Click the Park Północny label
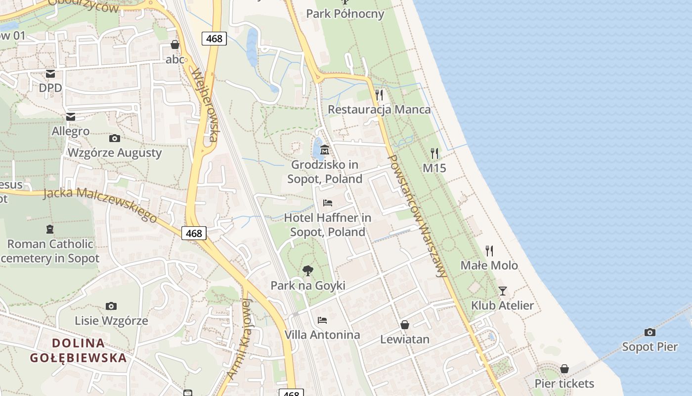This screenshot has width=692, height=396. tap(345, 13)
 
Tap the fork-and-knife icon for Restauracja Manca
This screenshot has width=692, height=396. tap(379, 95)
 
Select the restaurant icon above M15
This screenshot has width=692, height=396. tap(434, 153)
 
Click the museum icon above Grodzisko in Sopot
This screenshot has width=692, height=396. tap(325, 149)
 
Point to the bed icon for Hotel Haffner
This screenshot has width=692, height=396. tap(327, 203)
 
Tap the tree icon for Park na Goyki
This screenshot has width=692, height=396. tap(307, 271)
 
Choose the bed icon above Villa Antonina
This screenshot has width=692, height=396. tap(322, 320)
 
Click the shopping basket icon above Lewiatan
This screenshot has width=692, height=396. tap(405, 325)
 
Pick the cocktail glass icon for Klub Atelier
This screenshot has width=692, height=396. tap(503, 291)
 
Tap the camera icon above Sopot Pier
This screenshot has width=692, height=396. tap(650, 332)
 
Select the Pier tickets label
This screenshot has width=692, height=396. tap(564, 383)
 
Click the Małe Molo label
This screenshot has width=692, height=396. tap(489, 265)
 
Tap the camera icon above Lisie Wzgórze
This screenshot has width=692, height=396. tap(111, 306)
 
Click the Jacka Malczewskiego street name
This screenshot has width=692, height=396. tap(100, 203)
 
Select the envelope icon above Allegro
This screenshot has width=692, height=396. tap(71, 117)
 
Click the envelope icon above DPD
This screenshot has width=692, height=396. tap(50, 74)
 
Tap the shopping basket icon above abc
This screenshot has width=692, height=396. tap(175, 45)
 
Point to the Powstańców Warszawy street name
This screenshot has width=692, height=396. tap(418, 216)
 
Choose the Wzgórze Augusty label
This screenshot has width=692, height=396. tap(115, 152)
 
